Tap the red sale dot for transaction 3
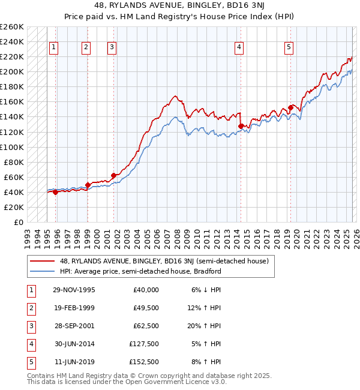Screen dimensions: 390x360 coord(113,175)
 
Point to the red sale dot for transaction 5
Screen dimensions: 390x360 coord(290,107)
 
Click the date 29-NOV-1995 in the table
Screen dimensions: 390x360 coord(74,290)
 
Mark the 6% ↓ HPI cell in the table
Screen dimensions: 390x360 coord(208,290)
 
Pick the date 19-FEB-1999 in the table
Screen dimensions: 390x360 coord(74,308)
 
